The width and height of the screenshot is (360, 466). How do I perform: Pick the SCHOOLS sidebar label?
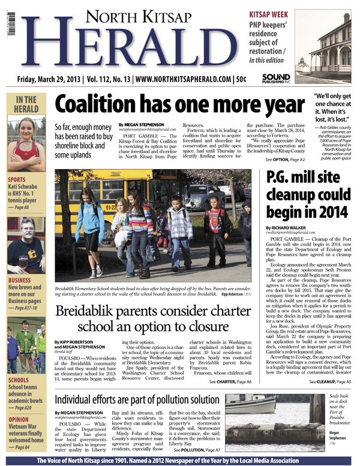19,380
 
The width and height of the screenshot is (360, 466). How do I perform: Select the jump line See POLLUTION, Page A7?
197,449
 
